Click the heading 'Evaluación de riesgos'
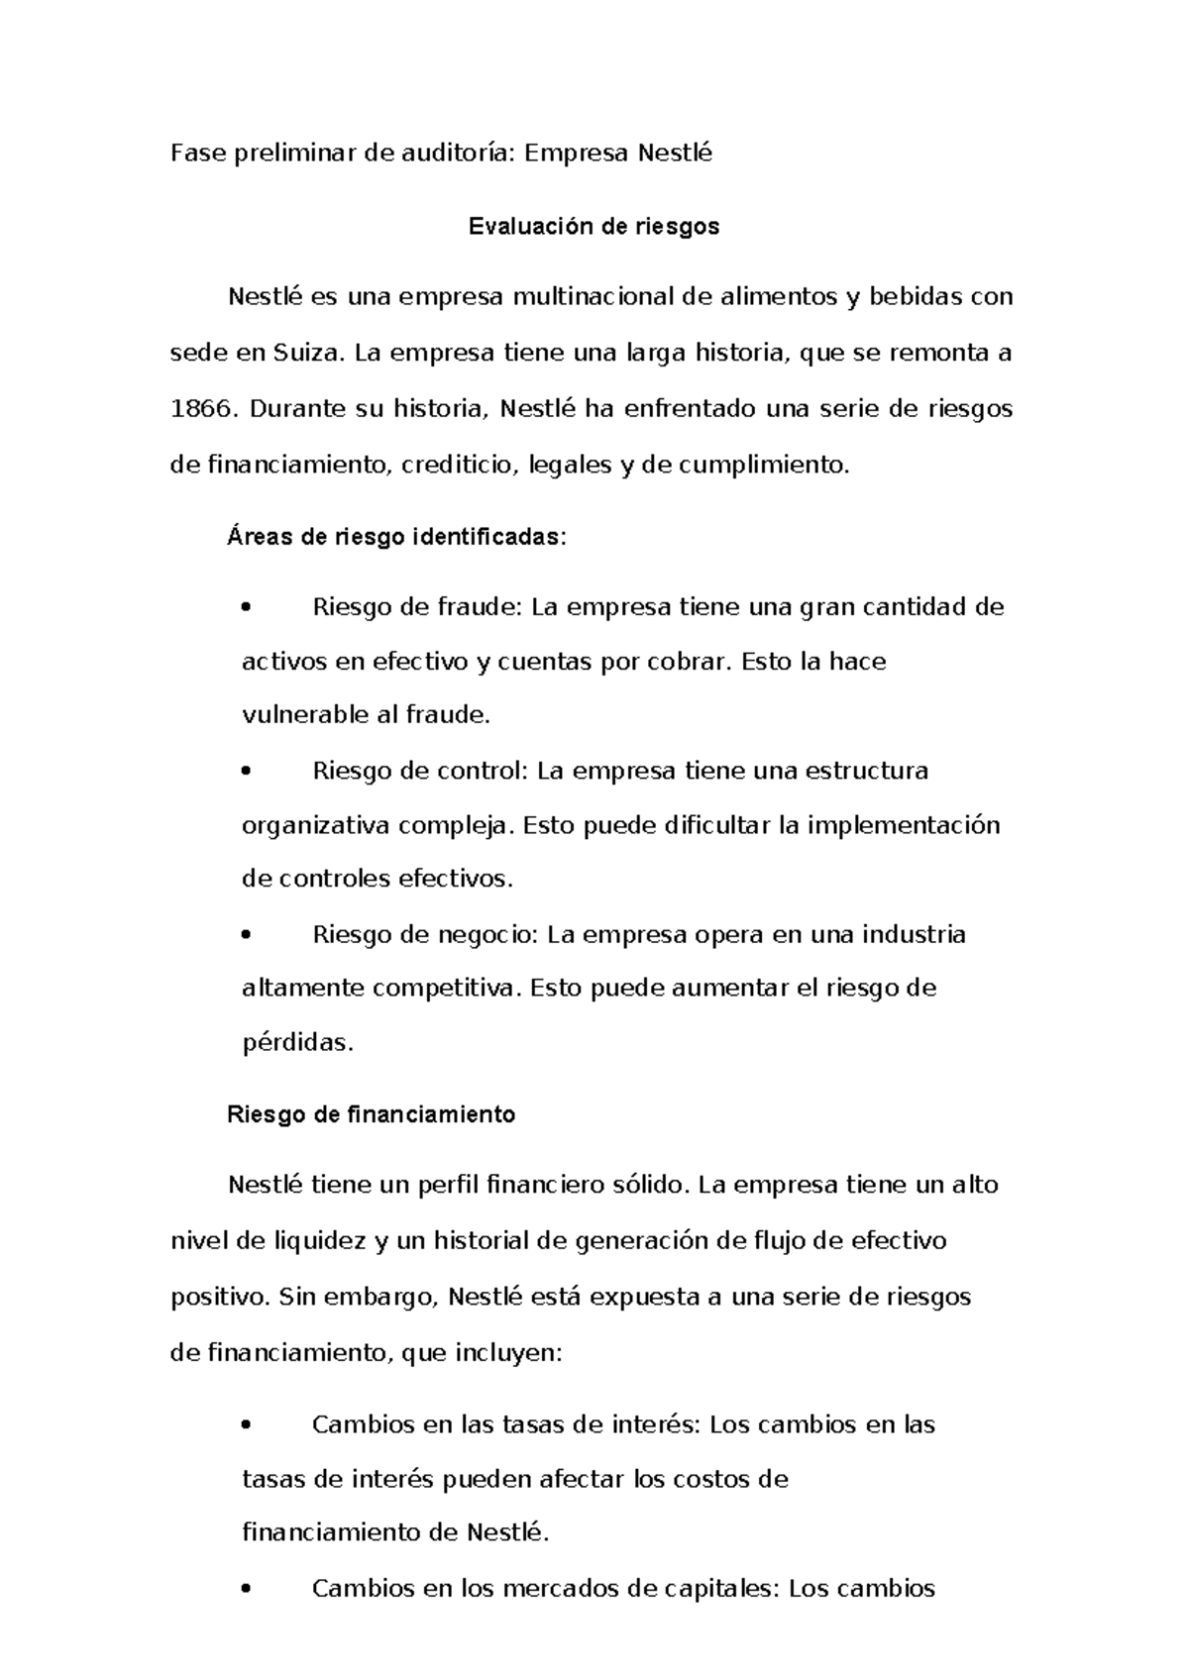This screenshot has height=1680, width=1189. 594,227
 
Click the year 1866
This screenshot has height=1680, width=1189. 199,409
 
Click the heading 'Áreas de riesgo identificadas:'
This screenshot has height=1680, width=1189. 397,537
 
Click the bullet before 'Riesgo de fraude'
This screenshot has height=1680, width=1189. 248,608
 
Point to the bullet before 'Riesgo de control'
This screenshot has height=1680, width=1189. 248,772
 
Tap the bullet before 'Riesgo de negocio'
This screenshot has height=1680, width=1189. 248,936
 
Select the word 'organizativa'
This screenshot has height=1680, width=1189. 316,825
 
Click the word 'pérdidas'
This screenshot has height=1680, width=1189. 297,1043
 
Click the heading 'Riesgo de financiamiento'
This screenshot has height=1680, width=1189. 372,1114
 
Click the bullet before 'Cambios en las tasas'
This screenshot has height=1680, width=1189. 248,1426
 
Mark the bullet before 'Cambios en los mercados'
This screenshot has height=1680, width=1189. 248,1591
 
